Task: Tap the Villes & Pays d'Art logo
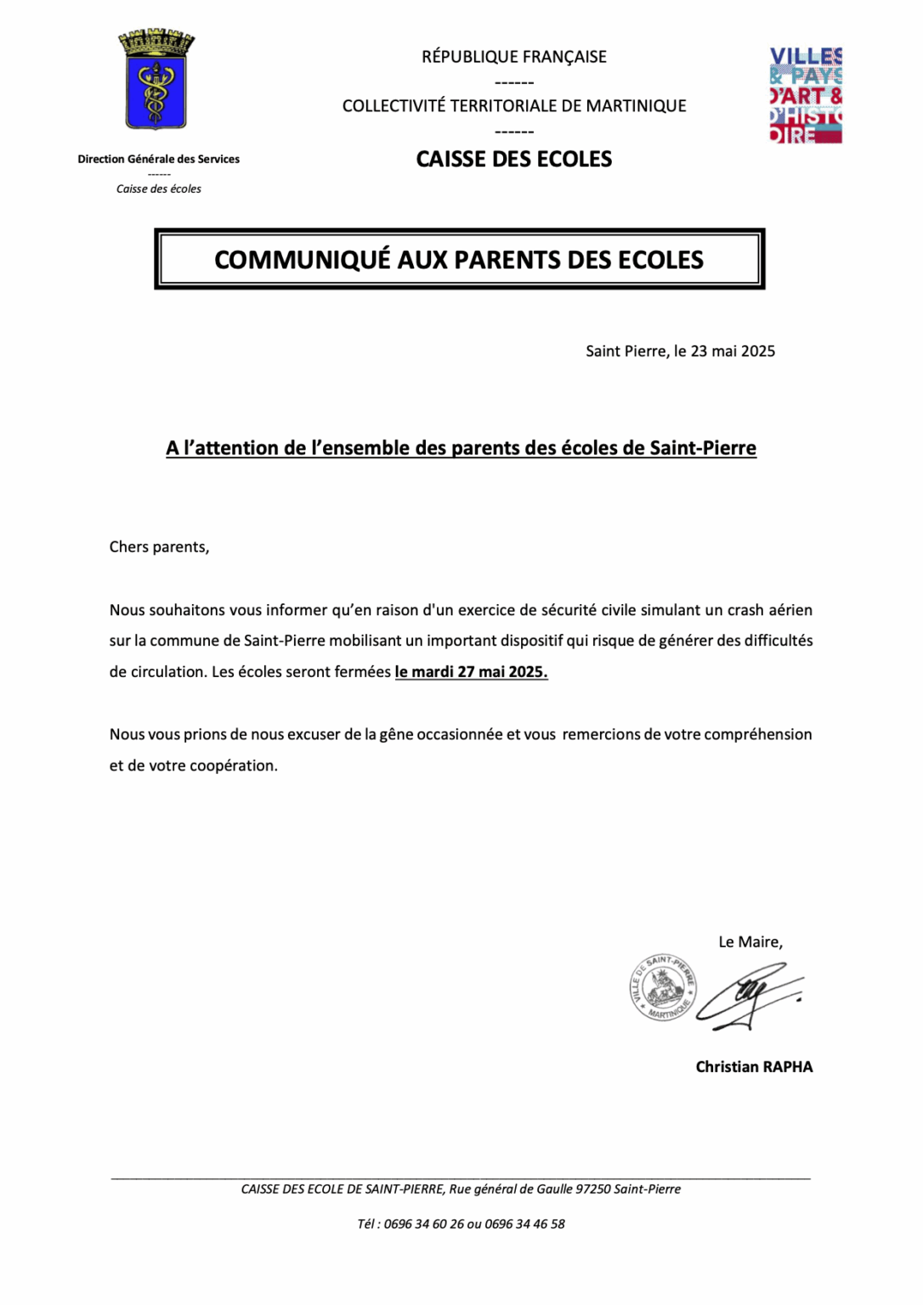(805, 95)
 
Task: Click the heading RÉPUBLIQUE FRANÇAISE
(514, 57)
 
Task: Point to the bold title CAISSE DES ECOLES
(514, 159)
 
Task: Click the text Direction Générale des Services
(159, 159)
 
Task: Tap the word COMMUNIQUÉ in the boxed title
(302, 260)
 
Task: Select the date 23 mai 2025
(733, 352)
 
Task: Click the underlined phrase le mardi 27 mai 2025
(471, 672)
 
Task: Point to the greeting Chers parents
(159, 547)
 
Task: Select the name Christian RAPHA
(754, 1067)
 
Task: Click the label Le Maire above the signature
(750, 942)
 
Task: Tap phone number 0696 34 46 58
(524, 1224)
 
